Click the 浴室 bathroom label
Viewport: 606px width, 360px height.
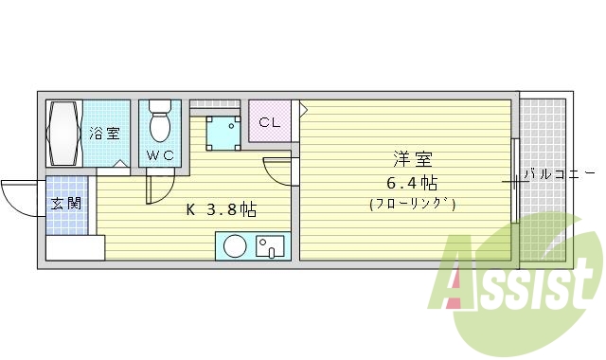click(x=104, y=133)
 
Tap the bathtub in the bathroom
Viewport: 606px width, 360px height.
click(x=66, y=134)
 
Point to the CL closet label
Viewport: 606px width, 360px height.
click(x=270, y=122)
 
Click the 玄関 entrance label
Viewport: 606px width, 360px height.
click(x=65, y=204)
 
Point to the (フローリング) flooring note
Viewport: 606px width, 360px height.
click(x=413, y=204)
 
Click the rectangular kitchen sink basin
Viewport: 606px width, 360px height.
click(x=270, y=247)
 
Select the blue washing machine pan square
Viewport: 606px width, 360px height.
click(x=223, y=132)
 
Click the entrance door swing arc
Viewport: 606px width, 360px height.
click(x=19, y=197)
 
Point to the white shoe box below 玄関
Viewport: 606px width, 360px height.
click(x=74, y=248)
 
